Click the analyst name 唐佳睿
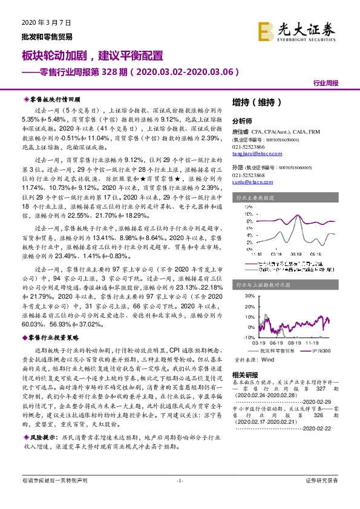tap(240, 131)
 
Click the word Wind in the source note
tap(267, 359)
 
